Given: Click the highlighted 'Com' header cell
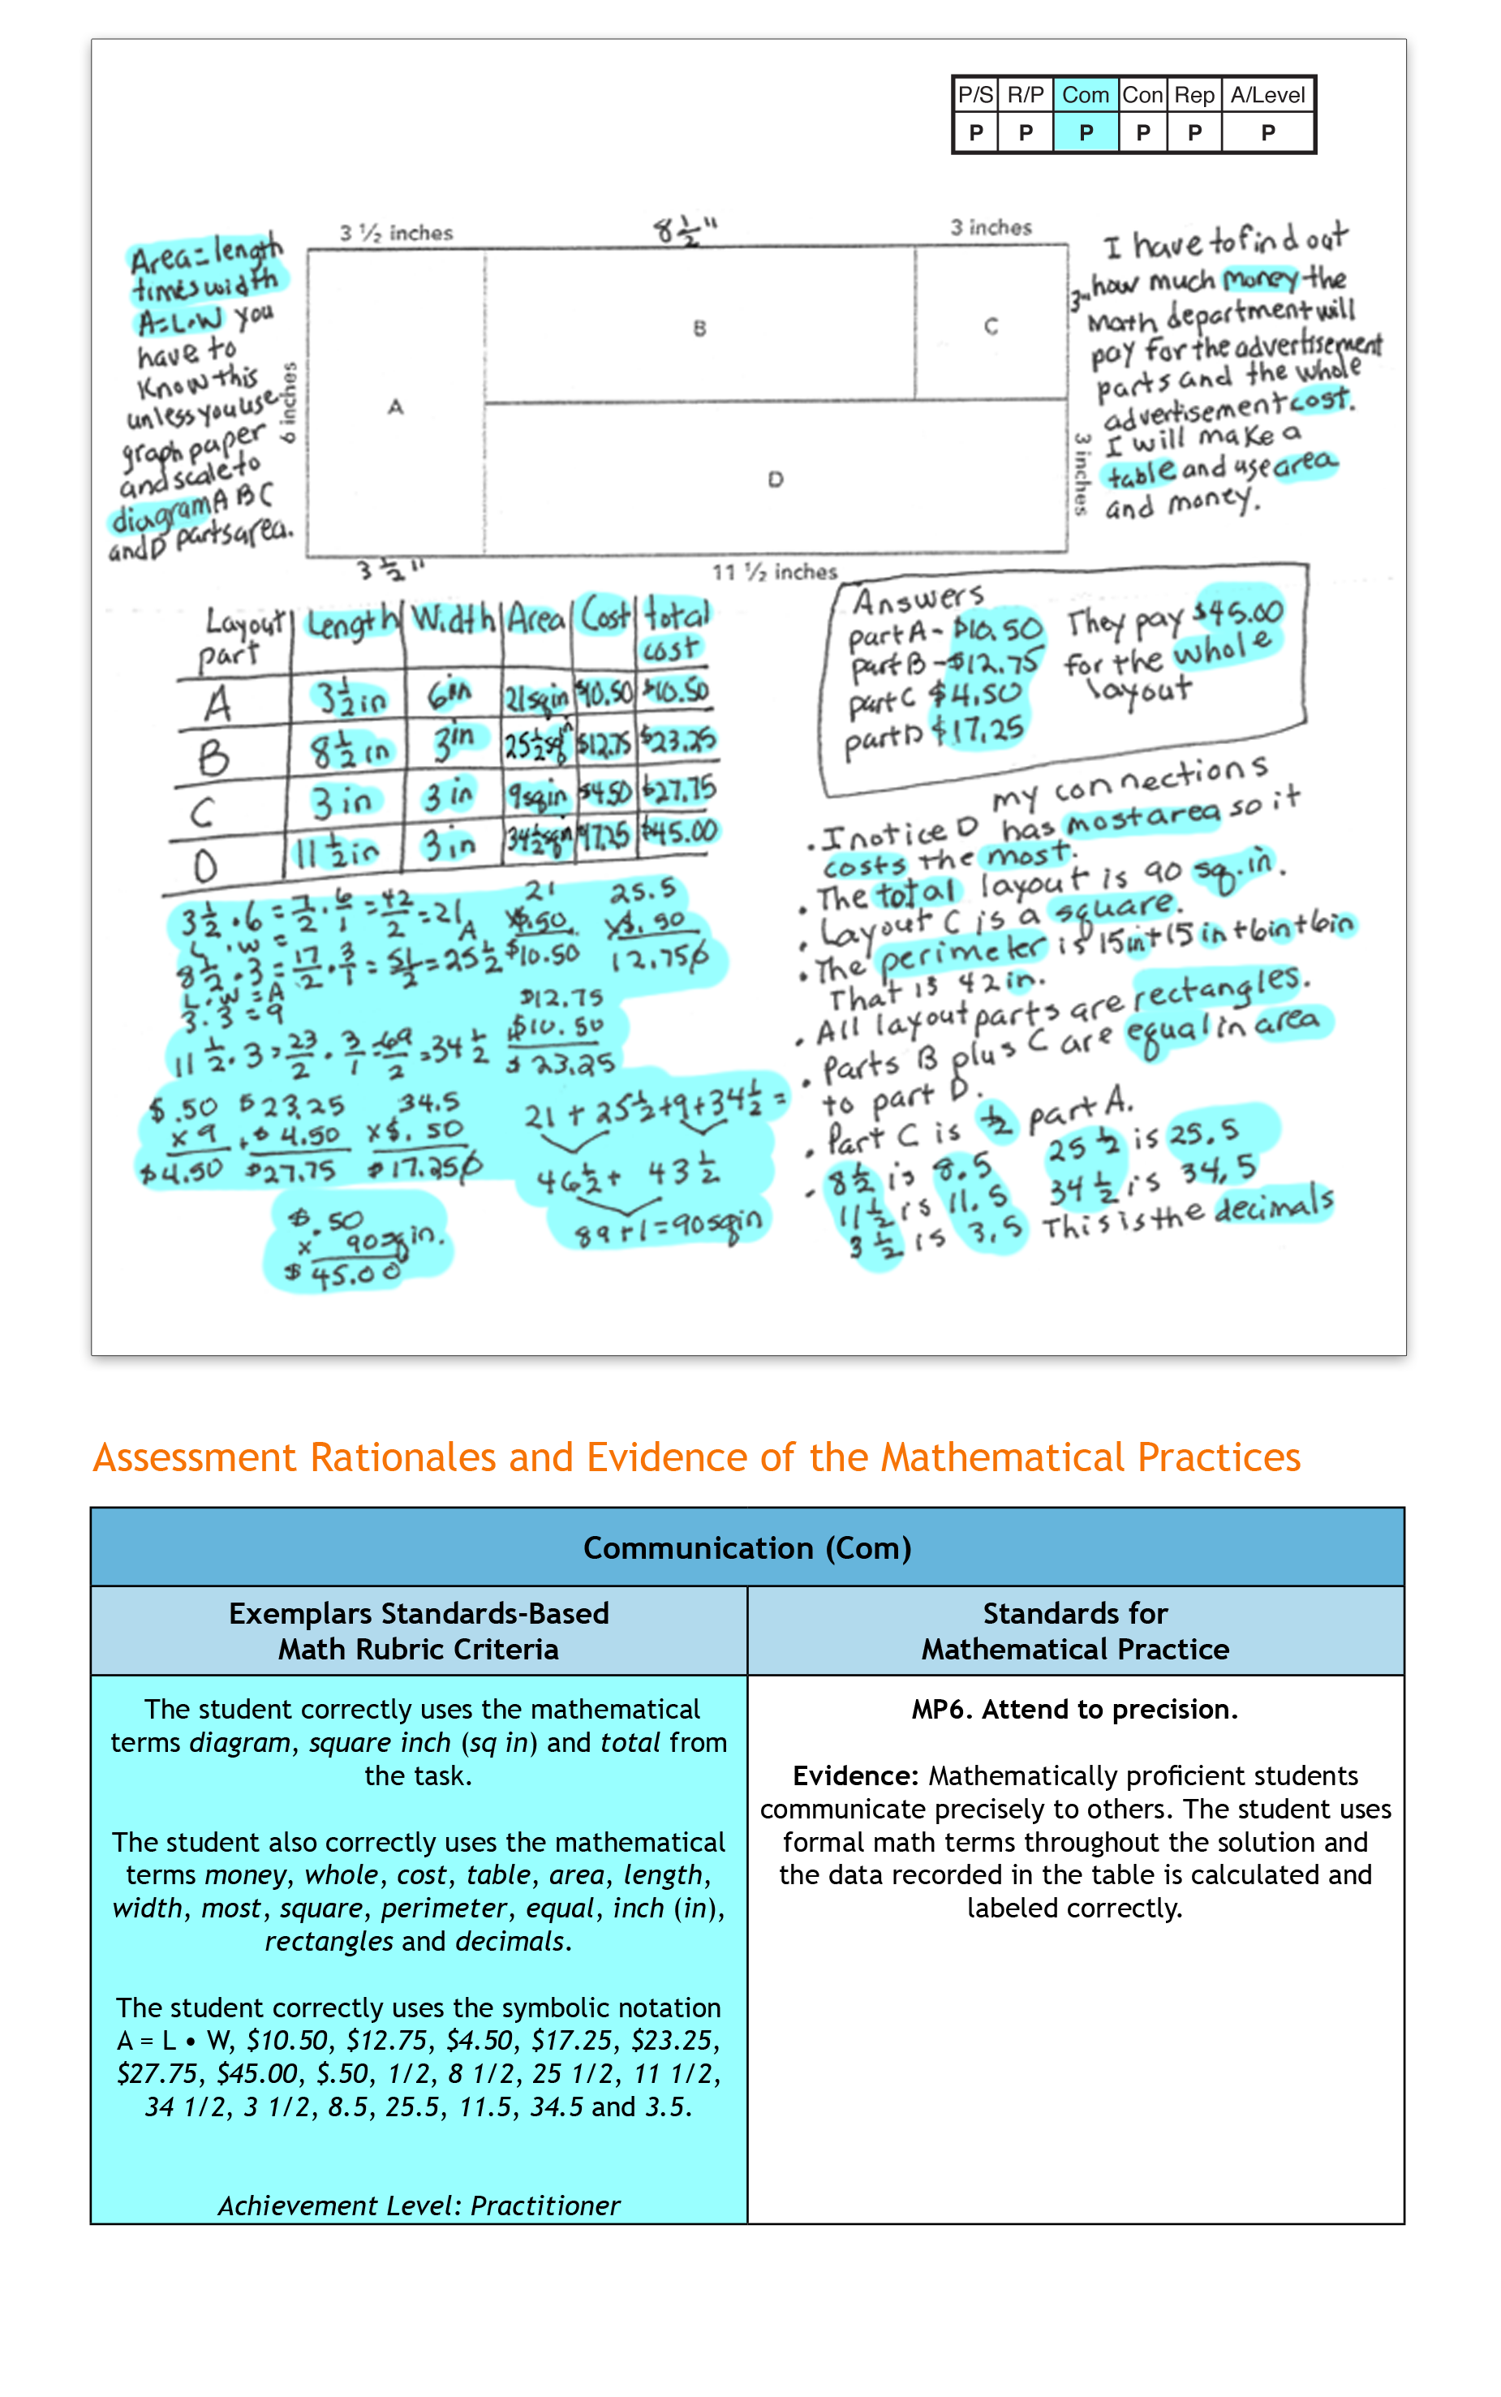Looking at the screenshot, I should click(x=1084, y=95).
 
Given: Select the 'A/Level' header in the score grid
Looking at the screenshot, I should click(x=1267, y=95).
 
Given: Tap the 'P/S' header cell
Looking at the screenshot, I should click(x=975, y=95).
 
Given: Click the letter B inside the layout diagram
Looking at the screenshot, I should click(x=700, y=329).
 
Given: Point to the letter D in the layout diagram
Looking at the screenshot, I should click(x=776, y=480).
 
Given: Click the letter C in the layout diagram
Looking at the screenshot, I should click(x=991, y=326).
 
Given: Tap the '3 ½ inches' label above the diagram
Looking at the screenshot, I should click(x=396, y=233).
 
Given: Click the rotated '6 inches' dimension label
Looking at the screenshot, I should click(x=289, y=402).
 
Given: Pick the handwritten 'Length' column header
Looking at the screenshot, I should click(x=351, y=623).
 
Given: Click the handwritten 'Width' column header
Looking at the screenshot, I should click(x=453, y=619).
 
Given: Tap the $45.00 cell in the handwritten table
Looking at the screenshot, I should click(x=680, y=831).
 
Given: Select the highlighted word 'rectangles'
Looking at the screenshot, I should click(x=1221, y=986).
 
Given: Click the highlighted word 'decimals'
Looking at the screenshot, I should click(x=1274, y=1205).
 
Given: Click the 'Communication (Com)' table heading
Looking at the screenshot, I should click(x=746, y=1547).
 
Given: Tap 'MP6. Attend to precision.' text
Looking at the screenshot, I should click(x=1074, y=1709).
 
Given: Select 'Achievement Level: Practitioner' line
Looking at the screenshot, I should click(x=418, y=2205).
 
